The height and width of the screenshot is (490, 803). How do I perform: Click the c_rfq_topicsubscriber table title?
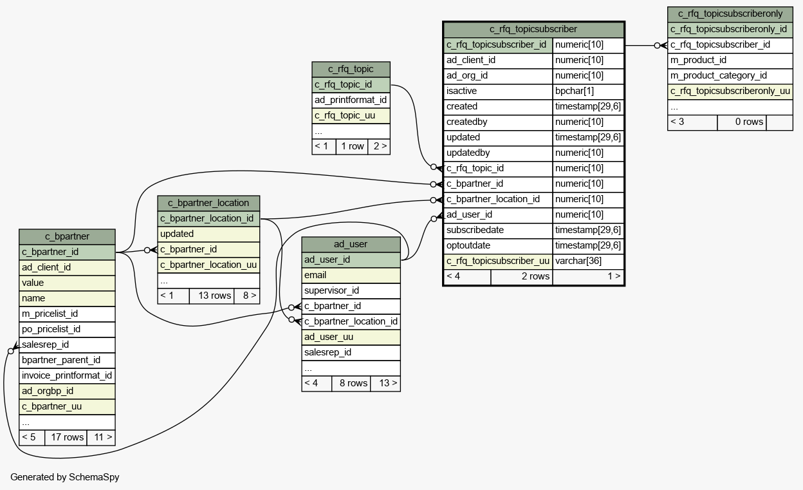click(x=533, y=30)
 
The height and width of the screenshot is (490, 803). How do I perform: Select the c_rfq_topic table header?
click(x=351, y=70)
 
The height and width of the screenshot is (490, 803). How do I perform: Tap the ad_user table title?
click(x=351, y=244)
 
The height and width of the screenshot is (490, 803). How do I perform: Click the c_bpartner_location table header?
click(x=208, y=203)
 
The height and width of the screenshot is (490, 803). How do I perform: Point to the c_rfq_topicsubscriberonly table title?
click(x=730, y=14)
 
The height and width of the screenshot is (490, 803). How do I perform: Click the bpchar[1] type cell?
click(x=588, y=91)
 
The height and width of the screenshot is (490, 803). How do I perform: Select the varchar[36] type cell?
click(x=588, y=261)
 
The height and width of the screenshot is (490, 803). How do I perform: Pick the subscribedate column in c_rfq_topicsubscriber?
click(x=498, y=231)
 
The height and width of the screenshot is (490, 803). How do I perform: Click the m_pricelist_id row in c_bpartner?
click(x=67, y=314)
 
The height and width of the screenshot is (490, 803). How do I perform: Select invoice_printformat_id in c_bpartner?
click(x=67, y=375)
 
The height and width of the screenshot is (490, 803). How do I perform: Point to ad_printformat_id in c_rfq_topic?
click(x=351, y=100)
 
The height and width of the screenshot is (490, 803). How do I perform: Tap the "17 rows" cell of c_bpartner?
click(x=66, y=438)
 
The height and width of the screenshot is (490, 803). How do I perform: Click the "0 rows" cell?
click(x=742, y=122)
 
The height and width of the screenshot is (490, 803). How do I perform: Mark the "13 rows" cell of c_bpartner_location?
click(x=212, y=296)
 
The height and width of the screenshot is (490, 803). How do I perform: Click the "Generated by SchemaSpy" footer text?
click(x=65, y=477)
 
